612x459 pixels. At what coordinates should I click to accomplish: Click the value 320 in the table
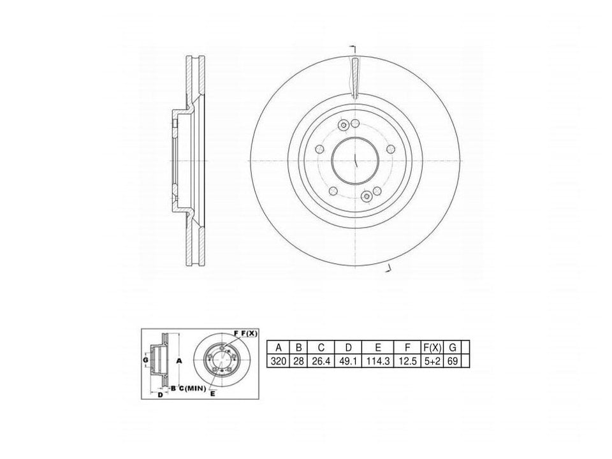click(x=279, y=361)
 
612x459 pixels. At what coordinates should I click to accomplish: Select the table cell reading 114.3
click(x=377, y=361)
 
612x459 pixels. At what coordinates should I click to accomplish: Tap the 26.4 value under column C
click(x=321, y=361)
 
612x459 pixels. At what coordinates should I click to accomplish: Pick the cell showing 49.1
click(x=349, y=361)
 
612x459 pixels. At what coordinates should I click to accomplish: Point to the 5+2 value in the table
click(x=432, y=361)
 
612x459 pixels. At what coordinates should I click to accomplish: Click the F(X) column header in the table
click(x=432, y=347)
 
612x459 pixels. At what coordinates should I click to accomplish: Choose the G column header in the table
click(x=453, y=347)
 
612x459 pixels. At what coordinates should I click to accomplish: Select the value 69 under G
click(x=453, y=361)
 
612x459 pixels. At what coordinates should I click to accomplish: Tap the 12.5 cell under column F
click(x=408, y=361)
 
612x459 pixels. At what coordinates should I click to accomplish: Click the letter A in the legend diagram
click(x=179, y=361)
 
